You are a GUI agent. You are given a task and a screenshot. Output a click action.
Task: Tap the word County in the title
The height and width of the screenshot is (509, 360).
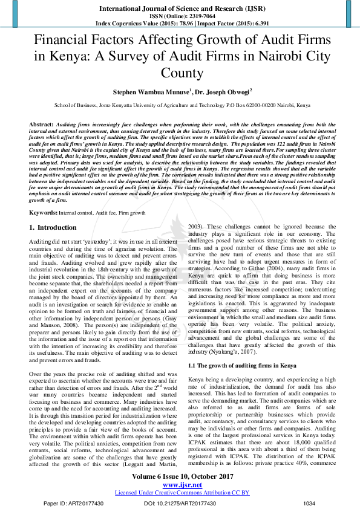180,74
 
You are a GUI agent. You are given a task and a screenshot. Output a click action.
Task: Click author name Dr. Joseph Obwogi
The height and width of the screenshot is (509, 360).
224,92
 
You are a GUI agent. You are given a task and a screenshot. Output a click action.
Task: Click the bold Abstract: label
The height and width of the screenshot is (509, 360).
41,123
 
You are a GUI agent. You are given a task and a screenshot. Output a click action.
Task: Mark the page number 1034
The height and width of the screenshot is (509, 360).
309,502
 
